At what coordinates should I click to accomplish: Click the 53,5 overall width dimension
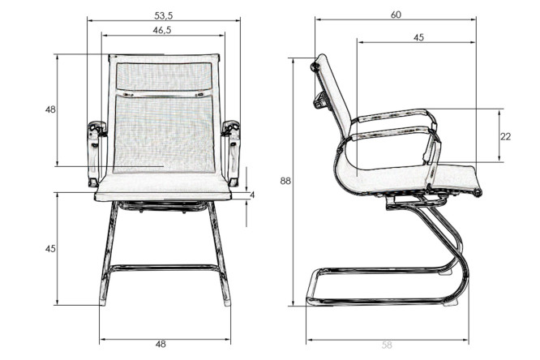[x=164, y=15]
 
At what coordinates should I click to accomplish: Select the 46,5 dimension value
[x=162, y=30]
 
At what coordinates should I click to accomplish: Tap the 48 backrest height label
[x=50, y=109]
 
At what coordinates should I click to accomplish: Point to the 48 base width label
[x=161, y=344]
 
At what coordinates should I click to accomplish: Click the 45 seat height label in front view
[x=50, y=248]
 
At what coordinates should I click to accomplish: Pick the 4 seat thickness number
[x=252, y=195]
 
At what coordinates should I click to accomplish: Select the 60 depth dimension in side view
[x=396, y=15]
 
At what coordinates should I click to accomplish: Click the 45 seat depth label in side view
[x=418, y=37]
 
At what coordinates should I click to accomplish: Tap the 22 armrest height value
[x=506, y=136]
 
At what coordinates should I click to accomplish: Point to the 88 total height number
[x=285, y=181]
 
